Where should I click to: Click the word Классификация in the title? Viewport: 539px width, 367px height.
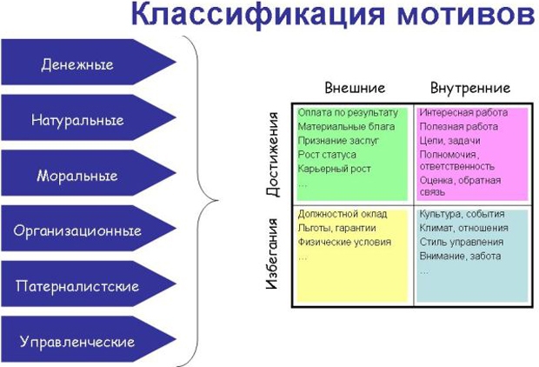tap(257, 15)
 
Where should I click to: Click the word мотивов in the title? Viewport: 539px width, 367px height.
tap(466, 16)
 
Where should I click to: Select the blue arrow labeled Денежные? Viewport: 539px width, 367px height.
tap(89, 62)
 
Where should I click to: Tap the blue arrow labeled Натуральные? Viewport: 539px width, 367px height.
tap(89, 117)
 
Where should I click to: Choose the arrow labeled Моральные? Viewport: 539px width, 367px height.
tap(89, 173)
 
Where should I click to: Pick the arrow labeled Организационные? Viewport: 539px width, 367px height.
tap(89, 229)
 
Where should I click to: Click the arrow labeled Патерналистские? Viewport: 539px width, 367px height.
tap(89, 284)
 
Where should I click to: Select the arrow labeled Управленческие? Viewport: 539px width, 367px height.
tap(89, 339)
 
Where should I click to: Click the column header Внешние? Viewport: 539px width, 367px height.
tap(355, 88)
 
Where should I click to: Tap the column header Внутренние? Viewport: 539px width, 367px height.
tap(470, 88)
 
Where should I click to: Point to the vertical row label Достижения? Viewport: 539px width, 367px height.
tap(273, 154)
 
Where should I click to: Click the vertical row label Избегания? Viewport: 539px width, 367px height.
tap(272, 253)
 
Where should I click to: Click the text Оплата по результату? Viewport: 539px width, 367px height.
tap(348, 113)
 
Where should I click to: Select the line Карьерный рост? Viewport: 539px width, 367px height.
tap(334, 169)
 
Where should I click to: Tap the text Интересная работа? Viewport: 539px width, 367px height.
tap(463, 112)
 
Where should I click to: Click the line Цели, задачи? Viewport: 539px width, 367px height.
tap(450, 141)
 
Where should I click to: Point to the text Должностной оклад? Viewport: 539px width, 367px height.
tap(343, 214)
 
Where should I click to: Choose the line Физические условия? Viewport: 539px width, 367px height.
tap(344, 242)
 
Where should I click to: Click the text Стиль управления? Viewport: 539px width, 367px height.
tap(462, 242)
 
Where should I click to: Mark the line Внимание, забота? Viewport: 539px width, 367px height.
tap(460, 257)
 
